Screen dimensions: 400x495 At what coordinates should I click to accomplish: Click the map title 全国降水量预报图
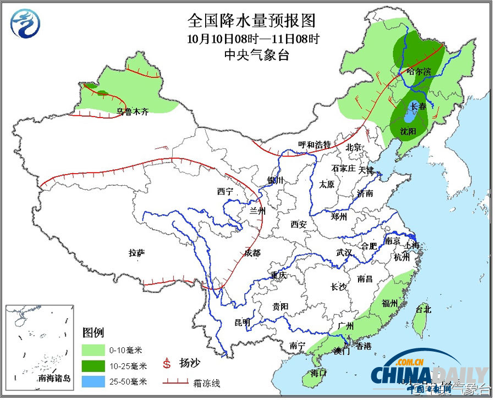[252, 21]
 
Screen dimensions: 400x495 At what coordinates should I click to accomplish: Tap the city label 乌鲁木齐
[133, 112]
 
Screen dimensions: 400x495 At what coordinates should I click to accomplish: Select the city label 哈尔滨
[419, 72]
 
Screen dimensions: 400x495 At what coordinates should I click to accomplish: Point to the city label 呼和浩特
[314, 145]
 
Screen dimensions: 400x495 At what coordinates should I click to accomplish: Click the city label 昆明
[242, 321]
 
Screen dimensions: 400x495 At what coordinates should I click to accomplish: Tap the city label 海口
[318, 373]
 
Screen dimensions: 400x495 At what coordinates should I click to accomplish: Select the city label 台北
[424, 309]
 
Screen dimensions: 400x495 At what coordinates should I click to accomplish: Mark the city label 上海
[414, 245]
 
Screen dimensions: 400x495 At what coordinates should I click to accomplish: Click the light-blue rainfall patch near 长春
[410, 116]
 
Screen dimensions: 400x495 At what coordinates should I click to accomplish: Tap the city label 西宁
[225, 192]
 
